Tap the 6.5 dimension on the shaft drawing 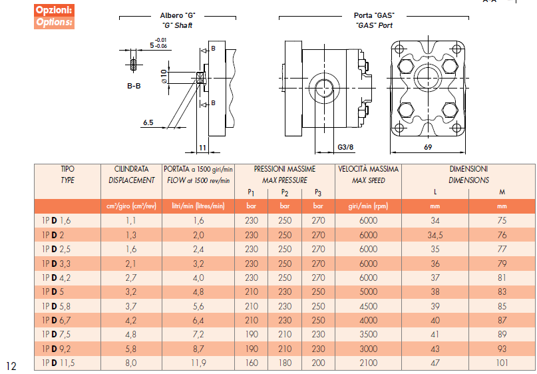point(148,123)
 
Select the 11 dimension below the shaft point(203,147)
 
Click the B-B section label point(134,86)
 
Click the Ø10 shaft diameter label point(164,76)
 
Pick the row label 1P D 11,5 point(57,363)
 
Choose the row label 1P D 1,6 point(55,220)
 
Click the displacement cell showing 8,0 point(131,363)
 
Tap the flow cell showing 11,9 point(199,363)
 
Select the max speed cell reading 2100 point(367,363)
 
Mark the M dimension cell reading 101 point(502,363)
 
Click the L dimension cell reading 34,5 point(435,235)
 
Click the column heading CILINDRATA point(131,170)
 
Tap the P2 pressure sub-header point(284,192)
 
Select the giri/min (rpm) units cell point(367,206)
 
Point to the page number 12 point(11,365)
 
